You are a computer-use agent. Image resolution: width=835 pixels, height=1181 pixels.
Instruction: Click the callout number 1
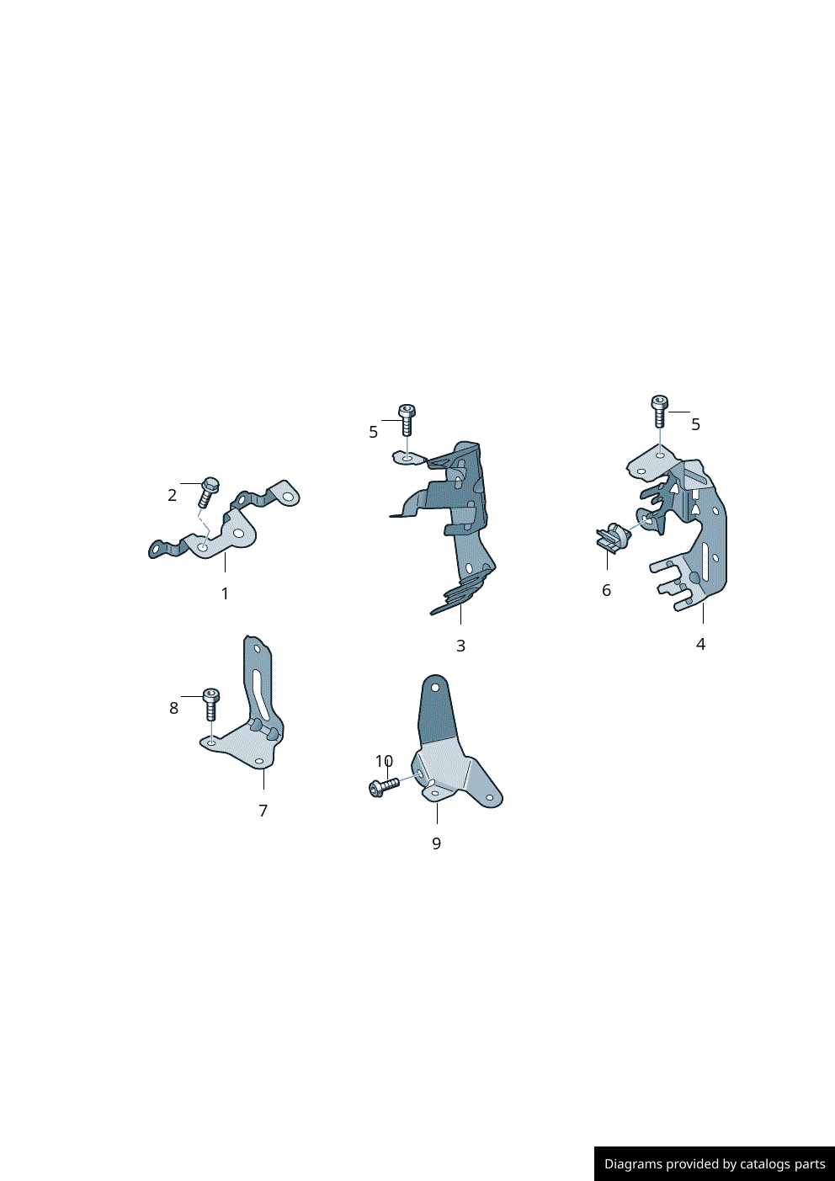click(225, 593)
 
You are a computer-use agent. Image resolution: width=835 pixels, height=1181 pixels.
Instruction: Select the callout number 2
click(173, 495)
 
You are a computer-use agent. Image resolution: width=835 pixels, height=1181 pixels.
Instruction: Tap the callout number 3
click(460, 646)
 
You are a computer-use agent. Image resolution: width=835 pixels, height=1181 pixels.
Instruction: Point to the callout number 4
click(700, 644)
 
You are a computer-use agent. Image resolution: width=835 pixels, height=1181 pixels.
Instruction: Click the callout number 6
click(607, 590)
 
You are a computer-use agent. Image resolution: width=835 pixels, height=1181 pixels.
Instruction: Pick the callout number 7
click(263, 811)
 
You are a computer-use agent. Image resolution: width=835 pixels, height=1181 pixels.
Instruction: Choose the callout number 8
click(174, 708)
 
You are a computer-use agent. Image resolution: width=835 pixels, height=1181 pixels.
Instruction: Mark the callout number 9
click(437, 843)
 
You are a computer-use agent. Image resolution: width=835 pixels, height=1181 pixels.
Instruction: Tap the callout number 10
click(385, 761)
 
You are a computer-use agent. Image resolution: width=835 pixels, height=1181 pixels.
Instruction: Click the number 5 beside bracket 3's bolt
click(373, 432)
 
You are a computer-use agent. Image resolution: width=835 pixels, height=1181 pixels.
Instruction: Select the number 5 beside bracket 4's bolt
click(696, 424)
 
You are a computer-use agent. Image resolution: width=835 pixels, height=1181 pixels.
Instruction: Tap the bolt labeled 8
click(211, 705)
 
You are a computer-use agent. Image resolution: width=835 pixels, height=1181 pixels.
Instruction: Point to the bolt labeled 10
click(384, 787)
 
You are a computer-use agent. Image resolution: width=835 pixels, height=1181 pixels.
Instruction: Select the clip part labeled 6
click(613, 537)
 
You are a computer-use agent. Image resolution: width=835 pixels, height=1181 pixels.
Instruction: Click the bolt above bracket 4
click(659, 411)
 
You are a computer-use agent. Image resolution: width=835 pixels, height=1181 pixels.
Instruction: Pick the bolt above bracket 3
click(407, 420)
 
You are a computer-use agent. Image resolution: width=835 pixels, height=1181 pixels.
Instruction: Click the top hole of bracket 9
click(435, 688)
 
